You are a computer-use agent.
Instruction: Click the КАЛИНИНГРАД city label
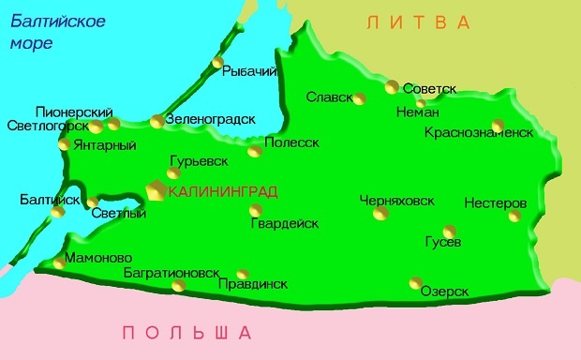(223, 191)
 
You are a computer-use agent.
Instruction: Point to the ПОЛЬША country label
(187, 332)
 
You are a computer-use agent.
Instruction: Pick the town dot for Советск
(392, 87)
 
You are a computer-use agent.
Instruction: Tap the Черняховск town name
(397, 200)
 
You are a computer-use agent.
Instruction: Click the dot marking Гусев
(450, 231)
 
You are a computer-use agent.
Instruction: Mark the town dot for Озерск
(415, 282)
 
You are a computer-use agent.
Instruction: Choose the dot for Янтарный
(64, 144)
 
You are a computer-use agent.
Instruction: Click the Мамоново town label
(99, 258)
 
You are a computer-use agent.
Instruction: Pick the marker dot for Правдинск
(243, 274)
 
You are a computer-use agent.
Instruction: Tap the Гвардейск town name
(284, 223)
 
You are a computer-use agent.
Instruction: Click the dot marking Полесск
(253, 151)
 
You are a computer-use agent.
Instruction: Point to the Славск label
(329, 97)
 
